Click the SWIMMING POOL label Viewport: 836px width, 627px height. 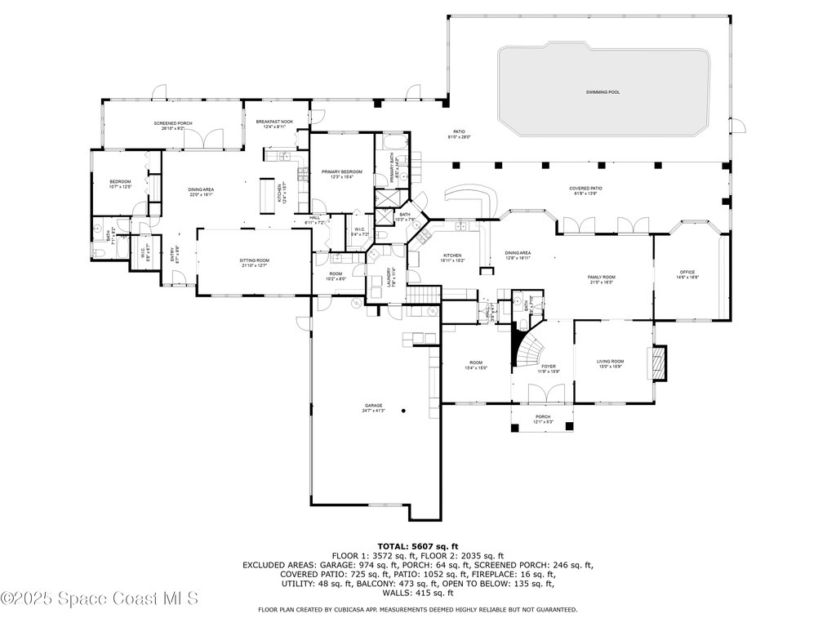coord(603,92)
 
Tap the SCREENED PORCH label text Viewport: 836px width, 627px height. coord(173,123)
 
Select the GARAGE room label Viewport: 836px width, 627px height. coord(374,406)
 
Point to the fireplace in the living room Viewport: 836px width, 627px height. coord(657,363)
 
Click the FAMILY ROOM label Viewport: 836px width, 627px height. coord(601,278)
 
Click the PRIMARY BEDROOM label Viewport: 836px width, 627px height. coord(341,171)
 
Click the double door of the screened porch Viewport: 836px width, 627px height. coord(198,140)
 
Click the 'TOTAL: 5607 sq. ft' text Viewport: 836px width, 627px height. coord(417,546)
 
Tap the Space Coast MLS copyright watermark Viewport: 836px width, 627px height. coord(100,598)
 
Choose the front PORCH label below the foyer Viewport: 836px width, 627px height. coord(544,417)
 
